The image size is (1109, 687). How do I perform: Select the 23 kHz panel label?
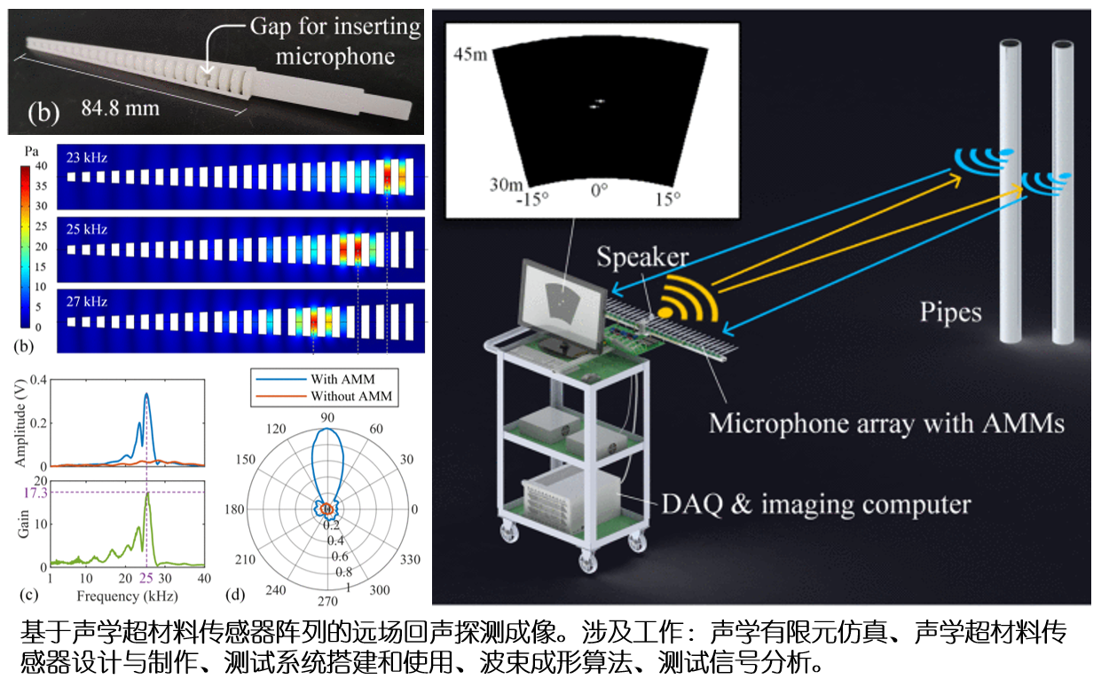pos(87,157)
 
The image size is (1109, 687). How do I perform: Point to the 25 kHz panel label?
pos(87,229)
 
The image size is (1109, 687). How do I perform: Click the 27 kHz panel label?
pos(87,302)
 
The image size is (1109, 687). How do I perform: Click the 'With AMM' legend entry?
pos(342,379)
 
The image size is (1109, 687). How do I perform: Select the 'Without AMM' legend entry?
pos(350,396)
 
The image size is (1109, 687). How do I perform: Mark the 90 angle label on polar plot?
pos(327,418)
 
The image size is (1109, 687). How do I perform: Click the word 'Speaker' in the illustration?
pos(642,257)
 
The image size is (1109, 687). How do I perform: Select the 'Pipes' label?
pos(950,313)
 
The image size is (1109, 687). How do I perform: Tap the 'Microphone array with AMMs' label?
pos(886,423)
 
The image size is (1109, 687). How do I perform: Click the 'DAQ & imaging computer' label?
pos(816,504)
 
